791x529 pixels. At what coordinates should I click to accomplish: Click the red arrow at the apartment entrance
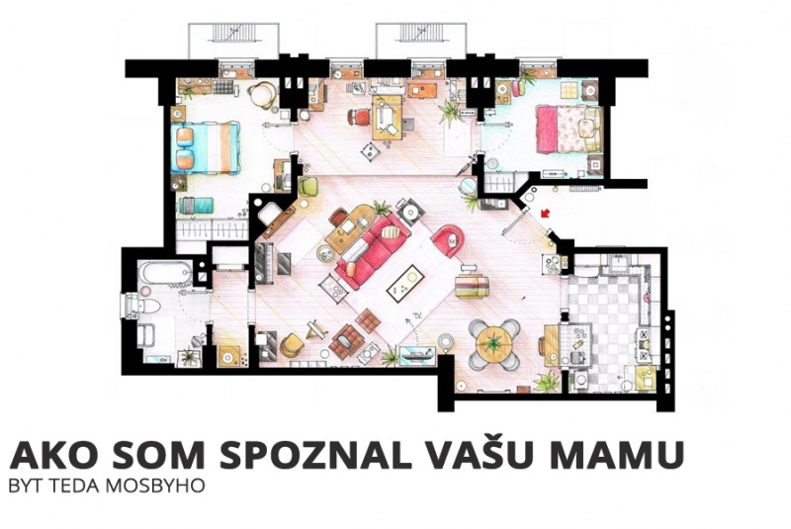coord(544,214)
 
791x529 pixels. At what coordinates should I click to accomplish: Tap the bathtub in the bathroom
coord(165,273)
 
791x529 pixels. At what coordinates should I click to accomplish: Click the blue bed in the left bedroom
coord(206,147)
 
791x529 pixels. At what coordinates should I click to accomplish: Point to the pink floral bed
coord(569,129)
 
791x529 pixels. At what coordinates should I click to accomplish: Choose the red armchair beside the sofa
coord(449,240)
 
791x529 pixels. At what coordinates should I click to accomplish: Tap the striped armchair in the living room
coord(472,286)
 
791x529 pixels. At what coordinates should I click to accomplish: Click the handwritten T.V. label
coord(416,315)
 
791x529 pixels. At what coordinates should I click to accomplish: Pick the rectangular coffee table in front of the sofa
coord(405,283)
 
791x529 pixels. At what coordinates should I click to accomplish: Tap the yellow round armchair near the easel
coord(291,344)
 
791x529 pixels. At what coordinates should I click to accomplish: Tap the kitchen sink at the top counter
coord(617,263)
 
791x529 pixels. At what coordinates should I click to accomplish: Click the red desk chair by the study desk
coord(359,118)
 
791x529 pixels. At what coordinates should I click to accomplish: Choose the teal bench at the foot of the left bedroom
coord(196,205)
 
